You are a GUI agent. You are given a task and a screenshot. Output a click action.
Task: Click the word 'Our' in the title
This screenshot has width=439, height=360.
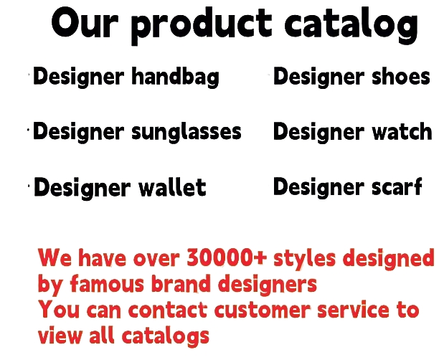click(84, 23)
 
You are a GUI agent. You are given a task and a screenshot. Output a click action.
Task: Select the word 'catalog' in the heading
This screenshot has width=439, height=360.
click(351, 26)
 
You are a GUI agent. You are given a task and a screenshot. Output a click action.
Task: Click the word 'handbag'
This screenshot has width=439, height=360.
click(176, 77)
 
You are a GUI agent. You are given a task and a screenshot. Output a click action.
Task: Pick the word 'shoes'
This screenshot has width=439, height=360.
click(401, 76)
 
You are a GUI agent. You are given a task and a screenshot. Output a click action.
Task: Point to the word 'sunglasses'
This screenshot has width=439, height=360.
click(187, 133)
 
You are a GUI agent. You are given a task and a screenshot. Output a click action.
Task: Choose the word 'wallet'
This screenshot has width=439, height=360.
click(172, 187)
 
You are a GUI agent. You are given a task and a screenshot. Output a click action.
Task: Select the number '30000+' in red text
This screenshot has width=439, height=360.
click(227, 257)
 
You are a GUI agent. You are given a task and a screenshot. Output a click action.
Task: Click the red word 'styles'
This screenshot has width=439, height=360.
click(304, 260)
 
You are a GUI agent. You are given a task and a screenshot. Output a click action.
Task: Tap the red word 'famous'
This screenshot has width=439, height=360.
click(107, 284)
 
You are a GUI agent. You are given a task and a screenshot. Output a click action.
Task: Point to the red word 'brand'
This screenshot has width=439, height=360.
click(181, 283)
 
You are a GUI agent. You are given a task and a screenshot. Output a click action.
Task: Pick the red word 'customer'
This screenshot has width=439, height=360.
click(263, 311)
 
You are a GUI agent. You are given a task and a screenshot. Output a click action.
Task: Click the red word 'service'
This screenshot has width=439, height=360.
click(354, 310)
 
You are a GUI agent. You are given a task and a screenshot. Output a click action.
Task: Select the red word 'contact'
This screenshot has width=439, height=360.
click(168, 310)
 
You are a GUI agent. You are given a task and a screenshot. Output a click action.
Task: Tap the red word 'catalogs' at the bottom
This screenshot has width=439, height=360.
click(166, 336)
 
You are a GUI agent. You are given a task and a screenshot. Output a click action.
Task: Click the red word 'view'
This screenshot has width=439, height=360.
click(60, 335)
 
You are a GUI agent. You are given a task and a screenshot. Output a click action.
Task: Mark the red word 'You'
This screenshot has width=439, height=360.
click(59, 310)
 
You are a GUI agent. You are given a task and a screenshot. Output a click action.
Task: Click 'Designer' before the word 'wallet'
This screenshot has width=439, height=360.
click(82, 189)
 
